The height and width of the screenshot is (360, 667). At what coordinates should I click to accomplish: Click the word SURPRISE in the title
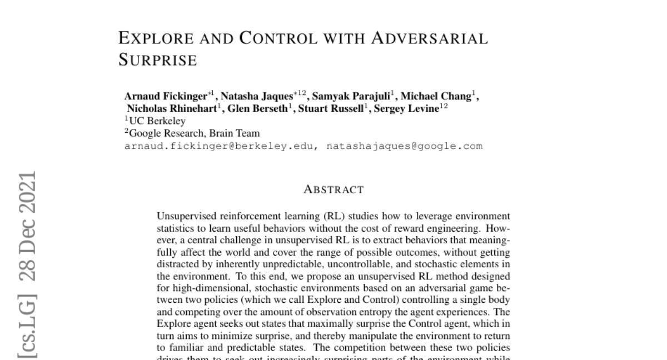click(158, 61)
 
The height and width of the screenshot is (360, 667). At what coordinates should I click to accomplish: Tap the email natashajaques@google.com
click(404, 146)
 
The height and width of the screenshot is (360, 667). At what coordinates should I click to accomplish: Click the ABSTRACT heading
click(333, 189)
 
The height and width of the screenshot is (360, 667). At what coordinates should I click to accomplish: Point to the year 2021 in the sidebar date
click(27, 191)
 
